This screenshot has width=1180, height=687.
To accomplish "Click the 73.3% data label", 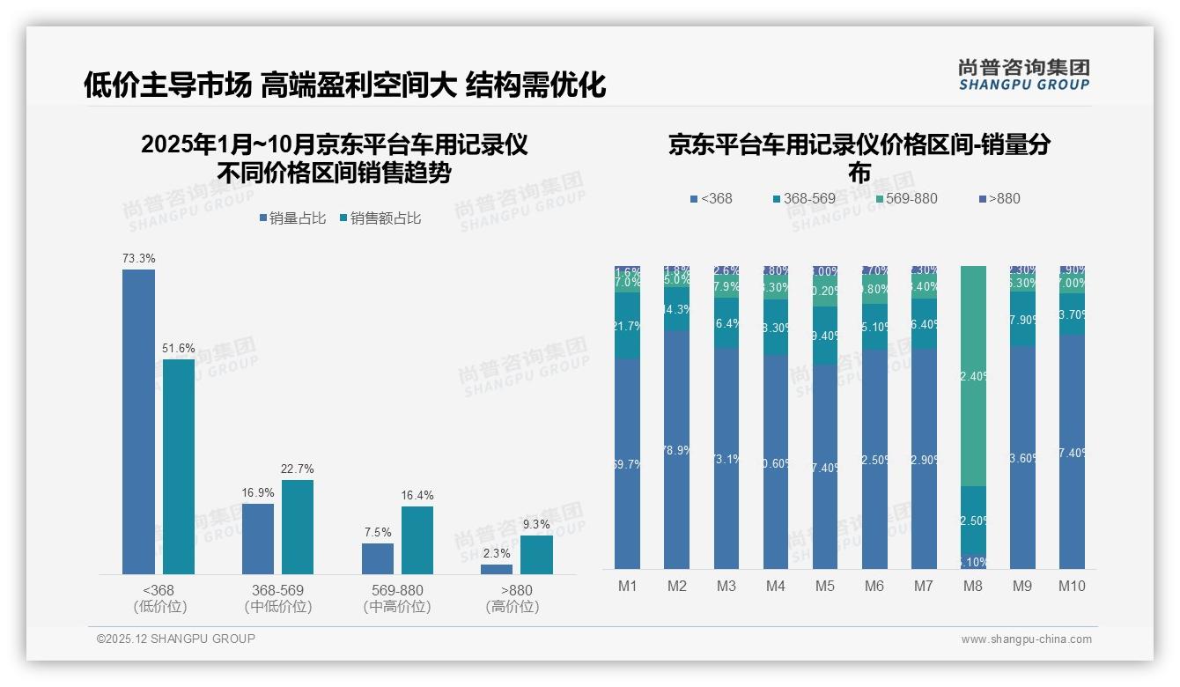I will click(x=139, y=259).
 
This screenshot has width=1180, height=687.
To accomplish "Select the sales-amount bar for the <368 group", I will click(x=179, y=467).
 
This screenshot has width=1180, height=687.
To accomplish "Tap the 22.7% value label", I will click(x=298, y=469).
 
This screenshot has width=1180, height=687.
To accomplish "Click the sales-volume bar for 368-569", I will click(x=258, y=539).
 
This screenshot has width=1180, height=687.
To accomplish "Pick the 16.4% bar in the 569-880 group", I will click(x=417, y=540).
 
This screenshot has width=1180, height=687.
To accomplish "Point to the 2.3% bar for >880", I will click(x=497, y=569).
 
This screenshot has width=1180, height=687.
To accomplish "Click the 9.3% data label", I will click(x=535, y=524).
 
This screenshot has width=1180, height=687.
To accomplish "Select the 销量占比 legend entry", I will click(x=297, y=218).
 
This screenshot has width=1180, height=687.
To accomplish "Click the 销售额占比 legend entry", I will click(x=380, y=218).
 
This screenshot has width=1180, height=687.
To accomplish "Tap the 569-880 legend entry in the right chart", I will click(x=905, y=198).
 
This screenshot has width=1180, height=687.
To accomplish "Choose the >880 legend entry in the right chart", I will click(x=999, y=198).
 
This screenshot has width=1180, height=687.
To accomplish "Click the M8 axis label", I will click(x=973, y=587).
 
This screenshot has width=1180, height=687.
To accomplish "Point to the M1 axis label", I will click(x=628, y=587).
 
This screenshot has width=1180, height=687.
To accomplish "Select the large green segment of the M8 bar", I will click(x=973, y=376).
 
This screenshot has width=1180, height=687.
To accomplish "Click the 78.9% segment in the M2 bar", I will click(x=677, y=449).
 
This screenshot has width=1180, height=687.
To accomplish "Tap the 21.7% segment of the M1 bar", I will click(x=628, y=326).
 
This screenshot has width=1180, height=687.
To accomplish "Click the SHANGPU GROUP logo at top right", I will click(x=1023, y=75).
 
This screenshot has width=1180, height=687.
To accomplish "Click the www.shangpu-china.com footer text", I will click(x=1026, y=639).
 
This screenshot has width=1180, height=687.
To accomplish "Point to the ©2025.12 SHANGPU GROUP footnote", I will click(x=176, y=639).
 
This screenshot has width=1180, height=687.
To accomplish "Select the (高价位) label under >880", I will click(x=513, y=607).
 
